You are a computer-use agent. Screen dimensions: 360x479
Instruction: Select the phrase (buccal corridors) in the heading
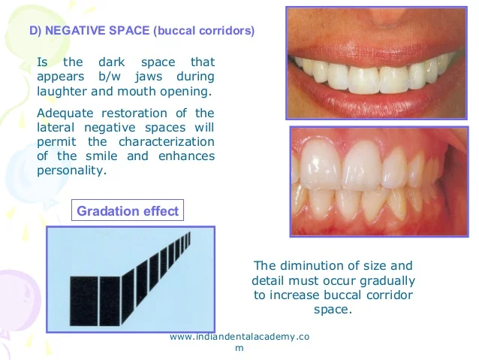tap(203, 32)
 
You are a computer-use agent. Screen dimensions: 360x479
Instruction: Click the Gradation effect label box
tap(128, 211)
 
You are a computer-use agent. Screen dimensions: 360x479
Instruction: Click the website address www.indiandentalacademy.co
tap(239, 337)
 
